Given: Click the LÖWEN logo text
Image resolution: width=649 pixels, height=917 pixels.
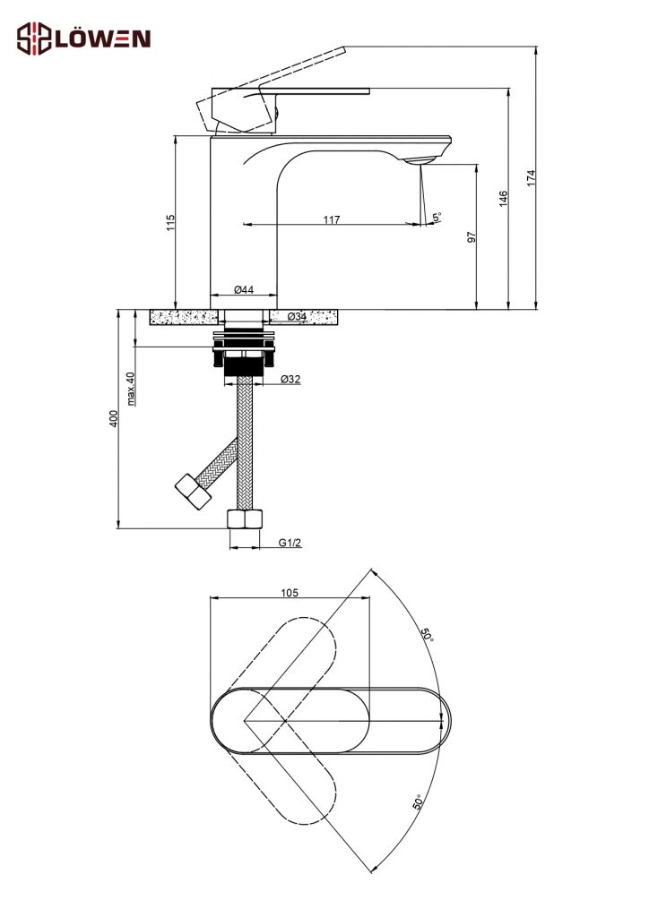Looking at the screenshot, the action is pos(103,39).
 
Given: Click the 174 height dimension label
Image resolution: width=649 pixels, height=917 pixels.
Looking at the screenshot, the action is pos(531,178).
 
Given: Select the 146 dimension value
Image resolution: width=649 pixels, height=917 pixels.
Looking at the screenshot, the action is pos(503,198).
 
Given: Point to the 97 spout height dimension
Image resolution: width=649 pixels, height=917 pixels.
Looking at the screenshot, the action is pos(472,236).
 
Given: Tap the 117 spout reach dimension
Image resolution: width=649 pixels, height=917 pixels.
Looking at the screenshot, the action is pos(332,220).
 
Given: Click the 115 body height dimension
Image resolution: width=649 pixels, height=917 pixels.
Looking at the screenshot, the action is pos(171,222).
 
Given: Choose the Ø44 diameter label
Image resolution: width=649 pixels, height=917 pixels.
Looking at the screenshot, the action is pos(244,289).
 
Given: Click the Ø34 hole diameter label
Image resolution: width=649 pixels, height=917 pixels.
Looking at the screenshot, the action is pos(297,316).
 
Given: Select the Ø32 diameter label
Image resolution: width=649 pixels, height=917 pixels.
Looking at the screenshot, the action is pos(290,379).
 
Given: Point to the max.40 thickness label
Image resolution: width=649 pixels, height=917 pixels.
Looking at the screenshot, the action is pos(131,389).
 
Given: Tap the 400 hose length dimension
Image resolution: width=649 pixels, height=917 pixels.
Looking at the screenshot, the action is pos(114,418).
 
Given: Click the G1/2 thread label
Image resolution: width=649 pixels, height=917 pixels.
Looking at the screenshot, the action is pos(290,543).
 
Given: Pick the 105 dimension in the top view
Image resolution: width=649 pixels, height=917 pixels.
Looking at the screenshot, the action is pos(290,593).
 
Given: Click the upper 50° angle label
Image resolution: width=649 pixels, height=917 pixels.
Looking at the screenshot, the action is pos(427,635).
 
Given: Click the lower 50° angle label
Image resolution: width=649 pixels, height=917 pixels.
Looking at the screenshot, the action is pos(419,801).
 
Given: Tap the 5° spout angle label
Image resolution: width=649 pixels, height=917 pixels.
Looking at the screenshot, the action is pos(437,218).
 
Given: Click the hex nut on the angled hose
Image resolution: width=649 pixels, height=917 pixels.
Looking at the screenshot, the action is pos(193,492).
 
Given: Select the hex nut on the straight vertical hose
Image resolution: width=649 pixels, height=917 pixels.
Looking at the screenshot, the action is pos(245,519).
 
